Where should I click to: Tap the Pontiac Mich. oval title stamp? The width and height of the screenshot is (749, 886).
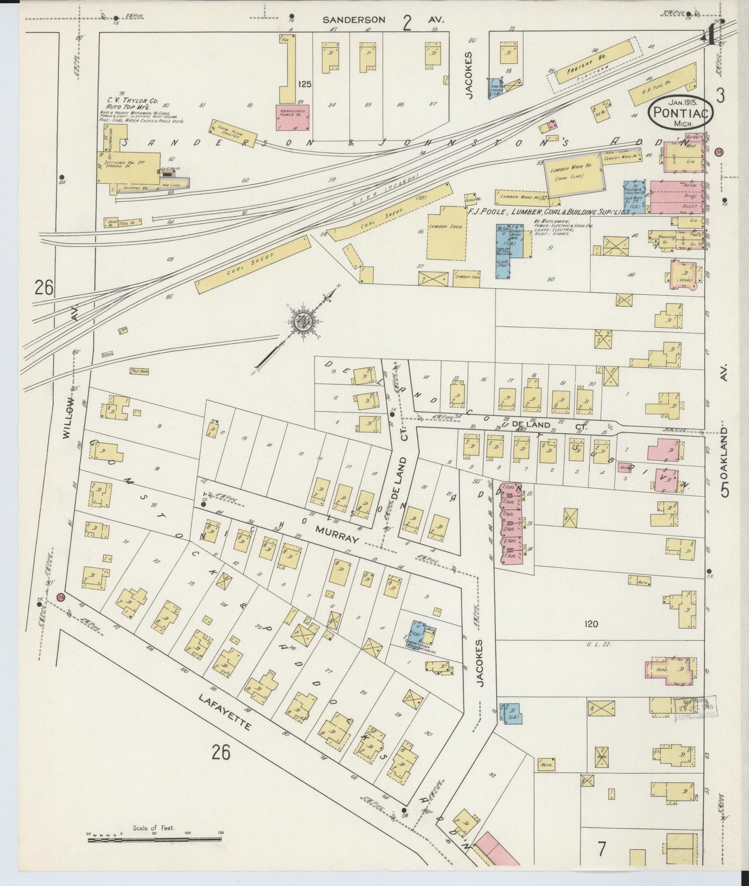681,111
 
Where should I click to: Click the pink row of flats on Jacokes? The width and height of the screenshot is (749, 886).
512,523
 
